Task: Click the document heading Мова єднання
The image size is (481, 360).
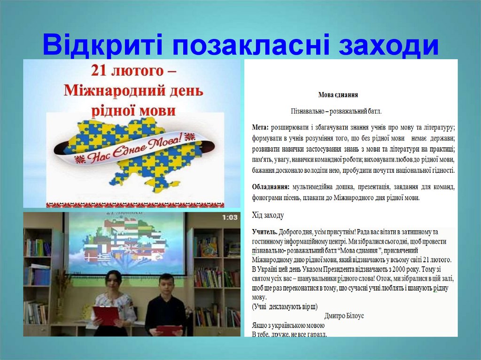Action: coord(338,95)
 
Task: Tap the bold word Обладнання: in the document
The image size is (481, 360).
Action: coord(271,187)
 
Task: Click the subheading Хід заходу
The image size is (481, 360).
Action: coord(268,215)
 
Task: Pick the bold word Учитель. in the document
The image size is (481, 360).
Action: coord(264,232)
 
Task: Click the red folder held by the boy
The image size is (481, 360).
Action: coord(169,330)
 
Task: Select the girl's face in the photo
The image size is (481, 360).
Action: coord(112,281)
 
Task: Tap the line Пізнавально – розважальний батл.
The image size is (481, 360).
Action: coord(337,112)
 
